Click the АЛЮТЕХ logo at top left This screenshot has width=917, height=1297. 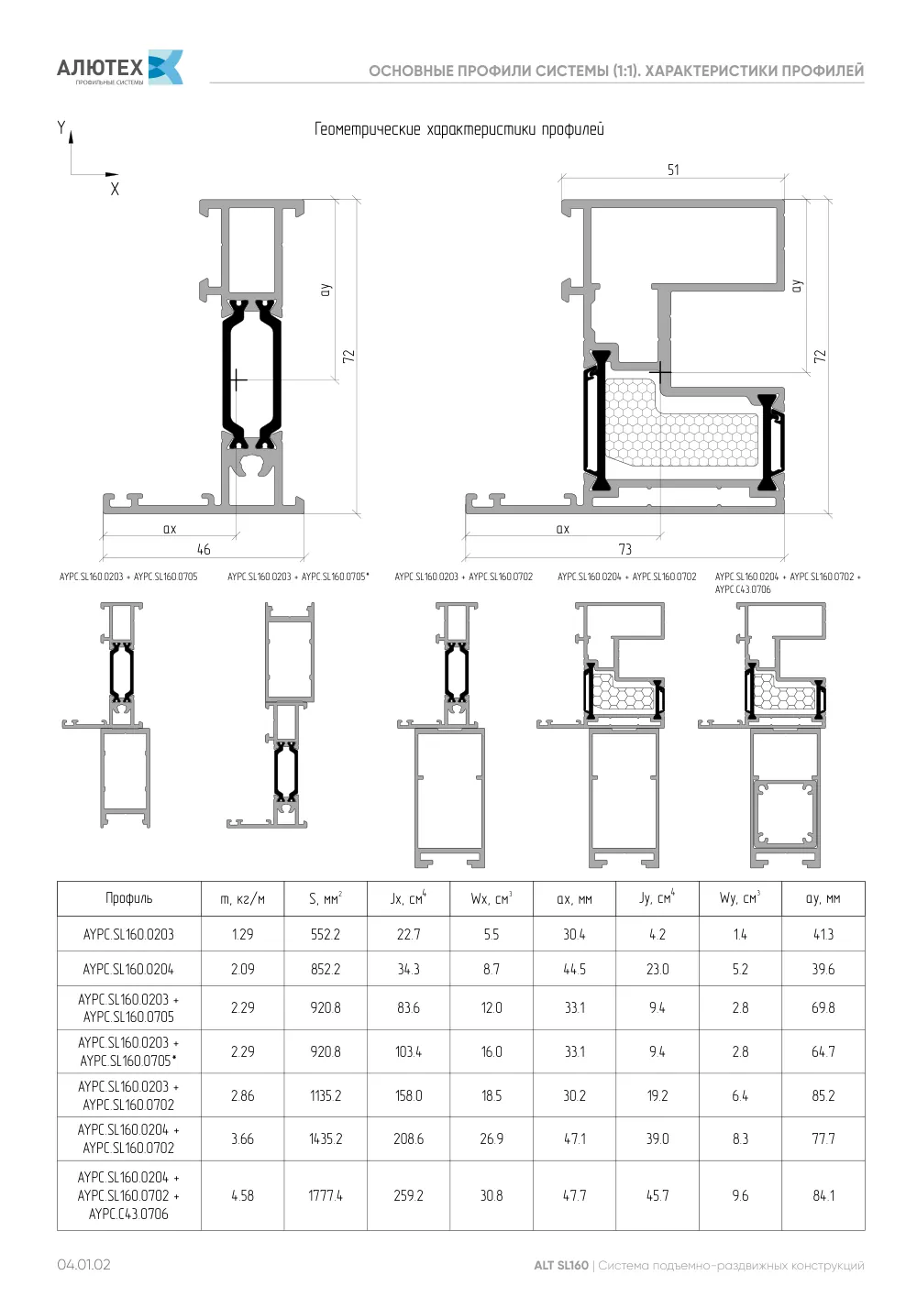click(x=120, y=68)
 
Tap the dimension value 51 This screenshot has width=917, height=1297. click(x=672, y=170)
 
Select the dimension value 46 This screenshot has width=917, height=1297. click(x=204, y=549)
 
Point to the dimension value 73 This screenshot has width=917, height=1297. click(x=624, y=549)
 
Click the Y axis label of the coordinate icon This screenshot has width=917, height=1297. click(x=61, y=127)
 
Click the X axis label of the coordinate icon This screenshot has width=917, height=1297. click(x=115, y=190)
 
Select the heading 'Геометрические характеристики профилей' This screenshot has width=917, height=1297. click(x=458, y=128)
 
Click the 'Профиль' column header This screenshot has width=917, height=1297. click(x=128, y=898)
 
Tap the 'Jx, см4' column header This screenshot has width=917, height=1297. click(x=408, y=898)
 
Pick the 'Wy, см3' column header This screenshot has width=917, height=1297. click(x=740, y=898)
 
